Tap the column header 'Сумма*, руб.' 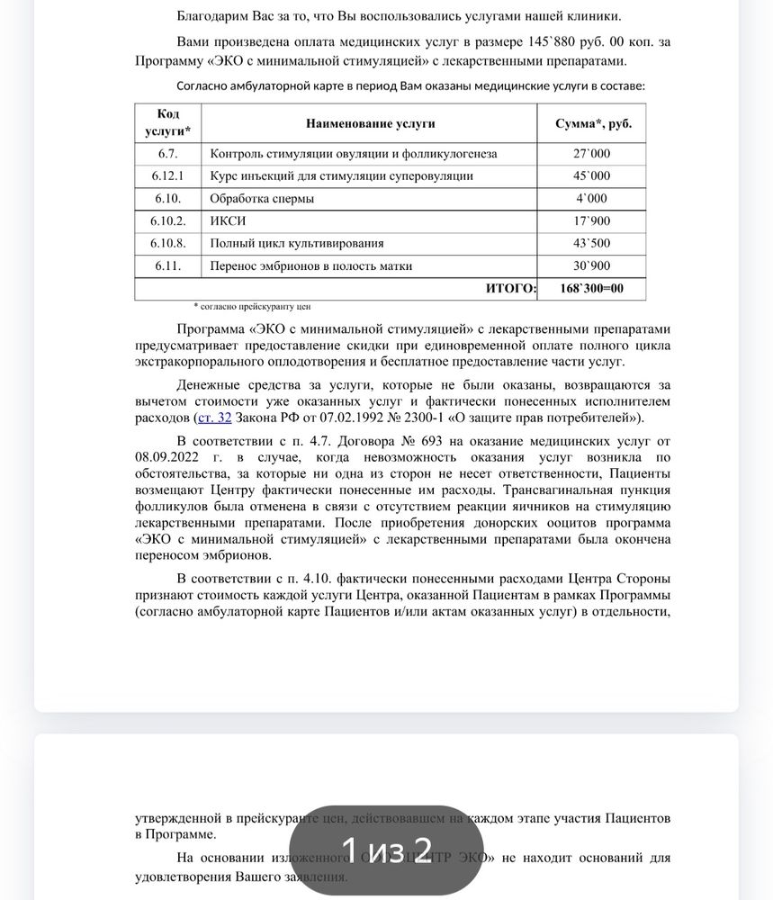[x=591, y=124]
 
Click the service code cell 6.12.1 [x=168, y=176]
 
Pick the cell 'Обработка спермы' [x=261, y=199]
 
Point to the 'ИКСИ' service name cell [x=228, y=221]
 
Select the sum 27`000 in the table [x=591, y=154]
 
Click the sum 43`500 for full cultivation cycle [x=591, y=244]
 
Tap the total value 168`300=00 [x=591, y=289]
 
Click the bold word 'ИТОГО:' [x=510, y=289]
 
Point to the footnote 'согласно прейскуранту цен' [x=256, y=306]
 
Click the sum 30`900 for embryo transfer [x=591, y=266]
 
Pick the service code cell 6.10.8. [x=168, y=244]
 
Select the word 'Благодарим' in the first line [x=214, y=16]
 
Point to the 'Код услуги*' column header [x=168, y=124]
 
